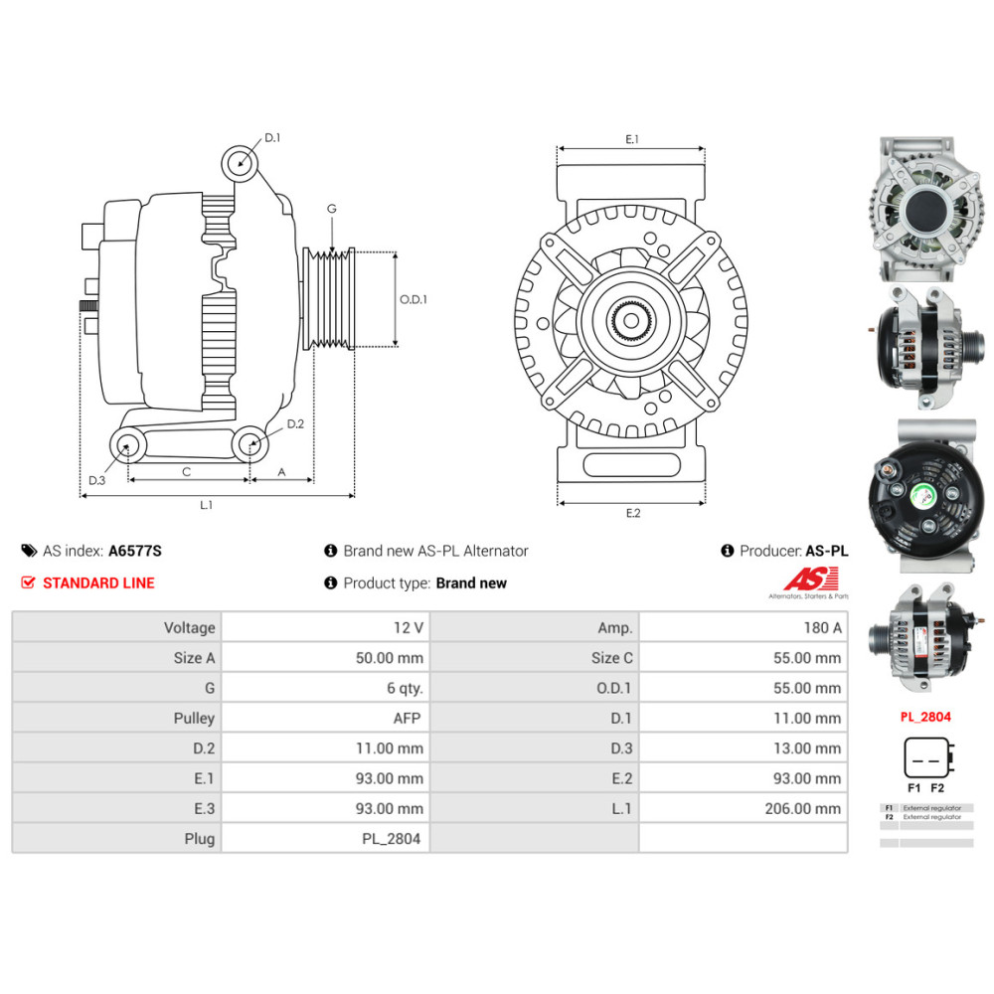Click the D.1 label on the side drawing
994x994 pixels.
(272, 138)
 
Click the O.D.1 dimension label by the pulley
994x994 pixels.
(414, 299)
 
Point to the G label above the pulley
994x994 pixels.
(332, 209)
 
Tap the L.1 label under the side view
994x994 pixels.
(206, 505)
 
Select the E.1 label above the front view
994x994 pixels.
(631, 139)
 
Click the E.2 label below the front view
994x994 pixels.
(633, 513)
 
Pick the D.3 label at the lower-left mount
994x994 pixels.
(95, 481)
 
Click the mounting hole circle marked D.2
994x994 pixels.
(250, 444)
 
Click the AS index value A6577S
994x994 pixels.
(134, 551)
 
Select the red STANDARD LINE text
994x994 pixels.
(98, 583)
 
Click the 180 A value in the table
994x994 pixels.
(822, 628)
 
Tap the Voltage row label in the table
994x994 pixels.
(189, 628)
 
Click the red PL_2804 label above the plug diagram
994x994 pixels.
(925, 716)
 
